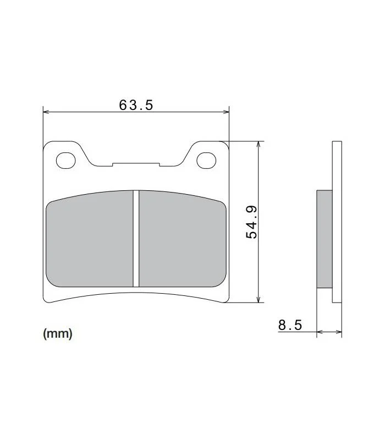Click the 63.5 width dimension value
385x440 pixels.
pos(136,105)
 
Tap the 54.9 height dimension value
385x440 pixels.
pos(251,222)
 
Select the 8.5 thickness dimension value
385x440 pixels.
pos(290,325)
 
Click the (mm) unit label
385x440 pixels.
pos(58,334)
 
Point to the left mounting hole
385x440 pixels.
pos(66,161)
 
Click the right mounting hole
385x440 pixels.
pos(207,161)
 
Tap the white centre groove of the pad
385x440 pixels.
pos(136,239)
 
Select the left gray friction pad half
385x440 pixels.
pos(90,240)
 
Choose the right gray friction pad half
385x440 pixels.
pos(183,240)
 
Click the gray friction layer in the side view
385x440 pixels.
pos(324,239)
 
